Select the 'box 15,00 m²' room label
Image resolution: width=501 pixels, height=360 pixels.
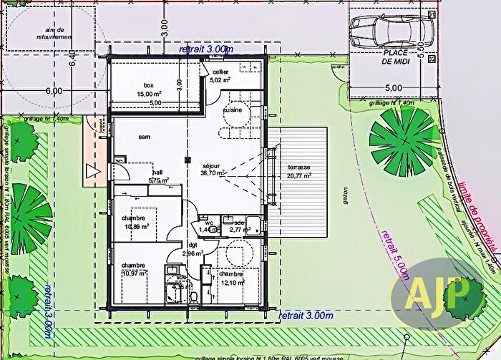coord(149,89)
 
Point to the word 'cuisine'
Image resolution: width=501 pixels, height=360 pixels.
coord(232,111)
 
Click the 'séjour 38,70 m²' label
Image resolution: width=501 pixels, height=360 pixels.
coord(213,168)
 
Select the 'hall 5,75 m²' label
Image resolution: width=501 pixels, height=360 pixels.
coord(158,176)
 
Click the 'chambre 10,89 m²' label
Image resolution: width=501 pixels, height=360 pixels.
coord(135,222)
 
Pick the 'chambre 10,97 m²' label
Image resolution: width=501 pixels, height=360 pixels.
coord(134,269)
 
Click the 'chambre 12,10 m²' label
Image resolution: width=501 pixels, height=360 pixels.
coord(232,278)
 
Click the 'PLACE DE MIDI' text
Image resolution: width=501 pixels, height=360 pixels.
coord(395,57)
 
